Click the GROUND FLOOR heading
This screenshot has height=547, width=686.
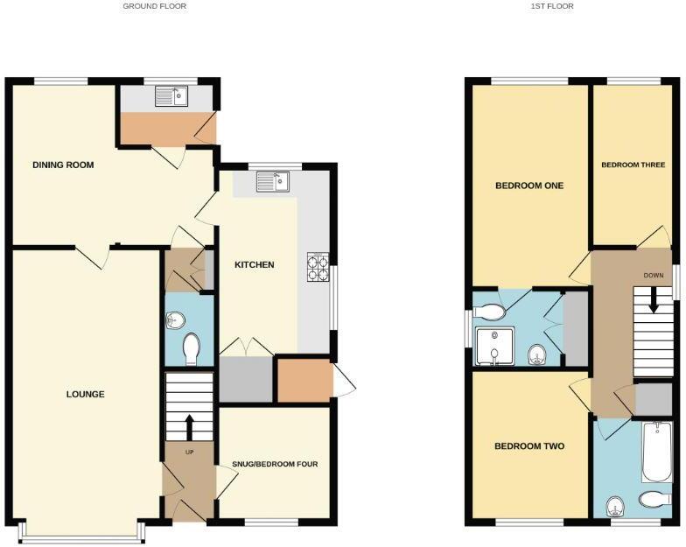coord(154,6)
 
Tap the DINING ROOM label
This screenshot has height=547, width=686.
coord(63,165)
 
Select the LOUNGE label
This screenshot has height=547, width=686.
coord(85,394)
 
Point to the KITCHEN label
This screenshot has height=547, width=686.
coord(255,264)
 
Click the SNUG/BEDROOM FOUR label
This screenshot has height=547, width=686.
coord(275,464)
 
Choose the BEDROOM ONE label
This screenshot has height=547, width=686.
coord(528,186)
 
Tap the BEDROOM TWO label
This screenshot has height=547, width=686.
coord(528,446)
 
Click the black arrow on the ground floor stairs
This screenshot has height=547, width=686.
coord(190,426)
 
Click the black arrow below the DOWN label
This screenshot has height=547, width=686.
coord(653,301)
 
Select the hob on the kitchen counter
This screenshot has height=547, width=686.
coord(317,267)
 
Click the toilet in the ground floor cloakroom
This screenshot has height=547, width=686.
coord(191,349)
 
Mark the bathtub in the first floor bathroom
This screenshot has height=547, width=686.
coord(656,452)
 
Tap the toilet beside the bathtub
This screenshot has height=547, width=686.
coord(653,500)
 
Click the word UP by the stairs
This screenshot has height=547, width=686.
coord(189,452)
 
